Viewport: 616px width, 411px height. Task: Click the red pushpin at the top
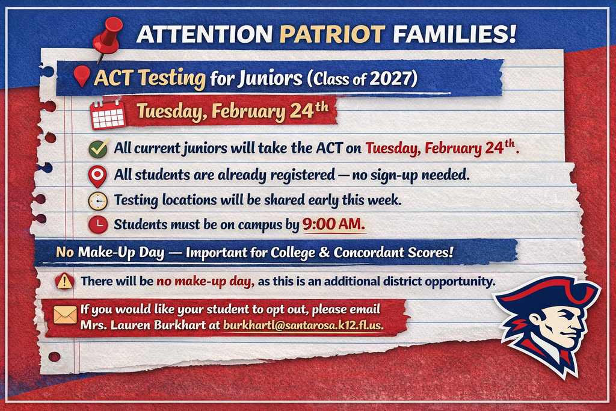coord(108,37)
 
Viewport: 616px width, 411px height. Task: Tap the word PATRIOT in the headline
coord(332,34)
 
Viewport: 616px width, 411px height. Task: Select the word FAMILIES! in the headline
coord(455,34)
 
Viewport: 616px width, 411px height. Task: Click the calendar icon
coord(107,114)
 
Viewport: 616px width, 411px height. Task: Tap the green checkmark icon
coord(98,149)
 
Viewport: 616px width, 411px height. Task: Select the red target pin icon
coord(97,176)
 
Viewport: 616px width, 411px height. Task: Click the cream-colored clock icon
coord(97,201)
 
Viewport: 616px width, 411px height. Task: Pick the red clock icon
coord(98,224)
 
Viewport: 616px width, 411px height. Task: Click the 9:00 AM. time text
coord(333,224)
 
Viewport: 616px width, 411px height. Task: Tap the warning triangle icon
coord(64,282)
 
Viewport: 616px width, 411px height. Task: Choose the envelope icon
coord(65,315)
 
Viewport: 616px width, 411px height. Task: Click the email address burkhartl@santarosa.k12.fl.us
coord(303,326)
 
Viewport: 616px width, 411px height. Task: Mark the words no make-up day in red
coord(206,282)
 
